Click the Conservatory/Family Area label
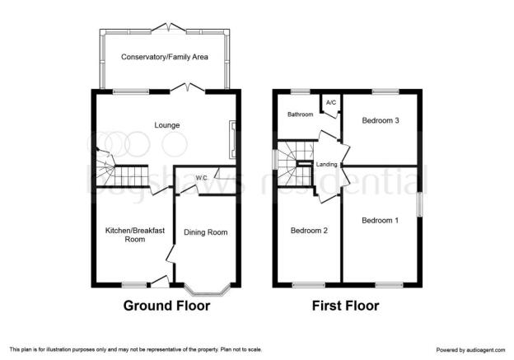[x=165, y=57]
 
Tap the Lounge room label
[x=167, y=125]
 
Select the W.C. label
[x=202, y=178]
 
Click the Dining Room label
[x=206, y=232]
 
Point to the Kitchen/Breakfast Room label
[x=135, y=235]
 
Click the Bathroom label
[x=301, y=115]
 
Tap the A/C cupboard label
[x=331, y=103]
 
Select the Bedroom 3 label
[x=381, y=120]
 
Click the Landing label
[x=326, y=164]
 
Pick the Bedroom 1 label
[x=381, y=221]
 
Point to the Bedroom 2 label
[x=309, y=231]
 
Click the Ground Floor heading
[x=167, y=306]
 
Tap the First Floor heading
[x=345, y=306]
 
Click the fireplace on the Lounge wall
[x=233, y=140]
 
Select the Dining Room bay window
[x=207, y=288]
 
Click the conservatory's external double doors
[x=169, y=27]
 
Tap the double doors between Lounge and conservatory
[x=188, y=88]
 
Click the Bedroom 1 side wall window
[x=419, y=204]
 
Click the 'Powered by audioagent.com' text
[x=470, y=350]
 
